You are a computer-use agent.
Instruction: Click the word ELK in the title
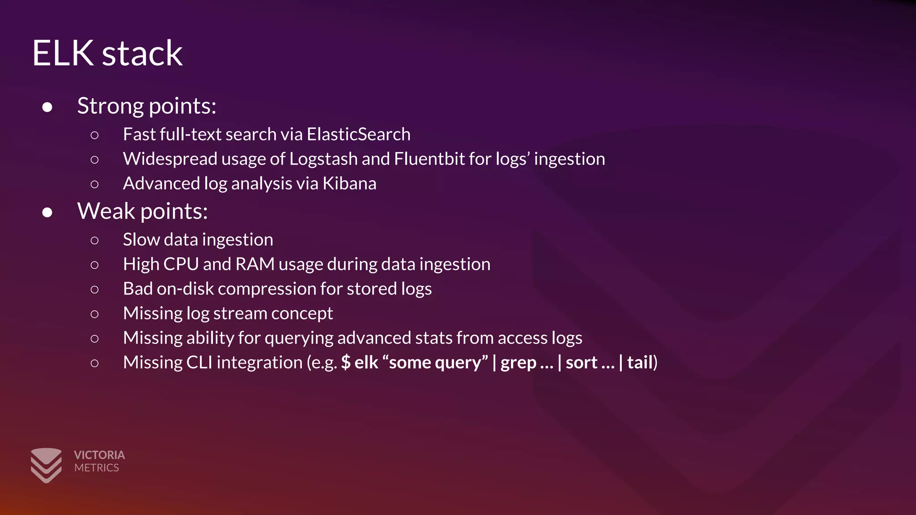click(63, 53)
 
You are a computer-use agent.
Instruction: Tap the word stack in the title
click(142, 53)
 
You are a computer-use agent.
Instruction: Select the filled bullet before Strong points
click(47, 107)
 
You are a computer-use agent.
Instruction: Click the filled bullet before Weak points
click(47, 212)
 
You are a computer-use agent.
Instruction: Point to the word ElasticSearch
click(358, 134)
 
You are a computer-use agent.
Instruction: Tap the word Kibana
click(349, 183)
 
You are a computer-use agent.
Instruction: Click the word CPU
click(181, 264)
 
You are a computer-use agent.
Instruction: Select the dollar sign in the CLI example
click(346, 363)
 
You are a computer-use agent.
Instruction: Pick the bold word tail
click(640, 363)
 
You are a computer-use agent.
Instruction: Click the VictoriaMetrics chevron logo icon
click(46, 465)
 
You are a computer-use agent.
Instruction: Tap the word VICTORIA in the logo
click(99, 455)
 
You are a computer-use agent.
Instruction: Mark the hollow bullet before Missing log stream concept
click(94, 314)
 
